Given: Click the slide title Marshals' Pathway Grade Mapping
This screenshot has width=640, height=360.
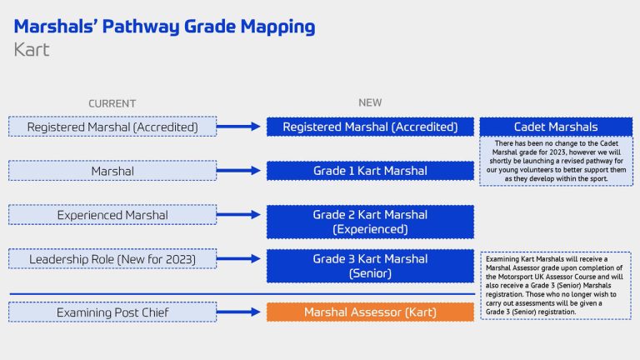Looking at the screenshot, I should coord(164,26).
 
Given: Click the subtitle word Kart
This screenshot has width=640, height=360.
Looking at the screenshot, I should coord(32,50).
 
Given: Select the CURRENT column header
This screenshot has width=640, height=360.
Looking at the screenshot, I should coord(112,103).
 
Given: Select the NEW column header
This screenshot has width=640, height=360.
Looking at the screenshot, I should coord(370,102).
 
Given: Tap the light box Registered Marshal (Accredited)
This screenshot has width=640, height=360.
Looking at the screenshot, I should coord(112,127).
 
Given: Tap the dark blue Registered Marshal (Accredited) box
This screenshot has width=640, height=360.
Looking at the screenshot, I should coord(370,127).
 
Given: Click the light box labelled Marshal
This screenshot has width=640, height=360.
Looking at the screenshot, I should coord(112,171).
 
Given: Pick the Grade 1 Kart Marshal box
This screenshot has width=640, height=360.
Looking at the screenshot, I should coord(370,171).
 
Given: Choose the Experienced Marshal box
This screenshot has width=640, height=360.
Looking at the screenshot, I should coord(112,215).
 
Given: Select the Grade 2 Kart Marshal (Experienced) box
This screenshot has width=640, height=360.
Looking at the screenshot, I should coord(370,222).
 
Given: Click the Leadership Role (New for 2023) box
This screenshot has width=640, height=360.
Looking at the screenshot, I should coord(112,259).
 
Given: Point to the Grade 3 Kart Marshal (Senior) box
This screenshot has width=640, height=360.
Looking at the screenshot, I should coord(370,266).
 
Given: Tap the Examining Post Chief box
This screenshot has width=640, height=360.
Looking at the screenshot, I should coord(112,312).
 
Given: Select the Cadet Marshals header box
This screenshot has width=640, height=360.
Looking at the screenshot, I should coord(555,127).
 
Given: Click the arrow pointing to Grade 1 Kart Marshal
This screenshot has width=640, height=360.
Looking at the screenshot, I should coord(241,171).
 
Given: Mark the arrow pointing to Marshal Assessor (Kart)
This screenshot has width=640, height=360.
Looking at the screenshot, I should coord(241,312).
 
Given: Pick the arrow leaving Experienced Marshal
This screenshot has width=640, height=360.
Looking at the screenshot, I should coord(241,215).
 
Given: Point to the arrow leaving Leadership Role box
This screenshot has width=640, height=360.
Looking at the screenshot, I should coord(241,259).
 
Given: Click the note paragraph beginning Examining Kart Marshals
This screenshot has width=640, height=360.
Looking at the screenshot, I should coord(555,285).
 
